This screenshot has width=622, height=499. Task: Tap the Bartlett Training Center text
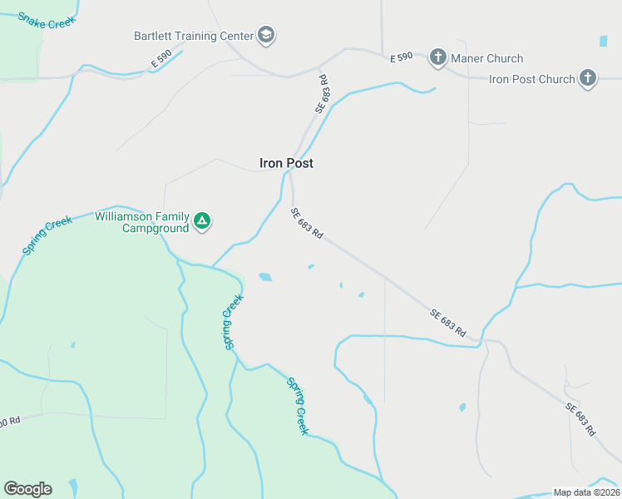click(193, 36)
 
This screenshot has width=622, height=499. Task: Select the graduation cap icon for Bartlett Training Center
click(266, 35)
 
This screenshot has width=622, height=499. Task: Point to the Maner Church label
click(487, 58)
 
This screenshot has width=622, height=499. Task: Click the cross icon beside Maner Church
click(438, 57)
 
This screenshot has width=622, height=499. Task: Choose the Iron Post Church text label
click(532, 79)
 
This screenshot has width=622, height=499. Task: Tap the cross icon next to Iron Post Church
click(588, 79)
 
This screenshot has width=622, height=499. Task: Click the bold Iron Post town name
click(286, 163)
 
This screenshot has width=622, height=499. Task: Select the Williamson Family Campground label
click(141, 221)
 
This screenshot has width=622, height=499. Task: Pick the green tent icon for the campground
click(202, 221)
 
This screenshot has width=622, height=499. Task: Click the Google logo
click(27, 488)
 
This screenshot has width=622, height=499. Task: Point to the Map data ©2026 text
click(587, 492)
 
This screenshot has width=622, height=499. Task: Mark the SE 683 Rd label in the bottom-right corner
click(580, 419)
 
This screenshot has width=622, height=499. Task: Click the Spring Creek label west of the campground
click(47, 235)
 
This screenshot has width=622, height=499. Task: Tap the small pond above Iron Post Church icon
click(603, 41)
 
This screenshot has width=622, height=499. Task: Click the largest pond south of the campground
click(265, 277)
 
